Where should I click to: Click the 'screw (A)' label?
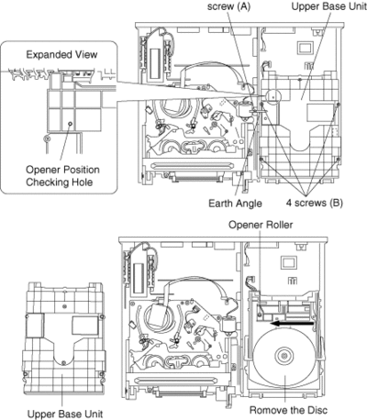click(229, 6)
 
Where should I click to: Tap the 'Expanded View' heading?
click(61, 55)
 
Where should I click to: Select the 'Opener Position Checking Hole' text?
click(62, 176)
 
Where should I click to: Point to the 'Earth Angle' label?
click(235, 204)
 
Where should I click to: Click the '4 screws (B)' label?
click(315, 203)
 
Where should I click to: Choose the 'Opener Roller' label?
click(261, 225)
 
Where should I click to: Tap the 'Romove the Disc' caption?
click(288, 410)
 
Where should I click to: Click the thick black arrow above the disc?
click(293, 324)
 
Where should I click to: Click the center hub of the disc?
click(284, 356)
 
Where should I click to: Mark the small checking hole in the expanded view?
click(71, 124)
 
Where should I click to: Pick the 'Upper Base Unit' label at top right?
click(328, 6)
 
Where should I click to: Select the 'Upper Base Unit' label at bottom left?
click(65, 414)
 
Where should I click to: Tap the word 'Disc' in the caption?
click(317, 410)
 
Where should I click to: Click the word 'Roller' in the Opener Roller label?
click(278, 225)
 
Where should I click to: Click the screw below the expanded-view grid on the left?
click(47, 138)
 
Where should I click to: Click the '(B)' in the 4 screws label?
click(336, 203)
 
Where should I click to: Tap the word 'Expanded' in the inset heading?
click(46, 55)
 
